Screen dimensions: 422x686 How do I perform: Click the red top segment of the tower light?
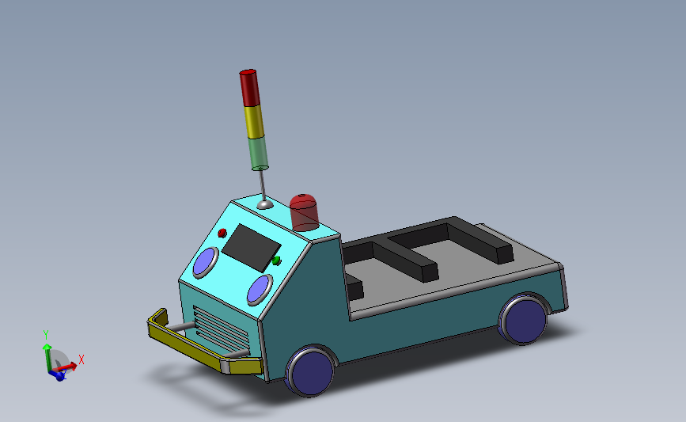tap(249, 87)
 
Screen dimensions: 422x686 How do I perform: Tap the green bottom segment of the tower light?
tap(258, 153)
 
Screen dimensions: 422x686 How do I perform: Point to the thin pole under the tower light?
tap(261, 185)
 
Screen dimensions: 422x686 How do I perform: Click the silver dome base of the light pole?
tap(265, 204)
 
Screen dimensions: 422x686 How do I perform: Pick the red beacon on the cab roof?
tap(305, 212)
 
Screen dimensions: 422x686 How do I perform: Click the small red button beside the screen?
tap(222, 233)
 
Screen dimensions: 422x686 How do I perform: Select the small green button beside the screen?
tap(276, 260)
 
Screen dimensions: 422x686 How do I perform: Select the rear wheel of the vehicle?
tap(523, 320)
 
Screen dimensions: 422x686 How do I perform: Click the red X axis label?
tap(81, 359)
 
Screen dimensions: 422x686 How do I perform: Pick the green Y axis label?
tap(47, 336)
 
